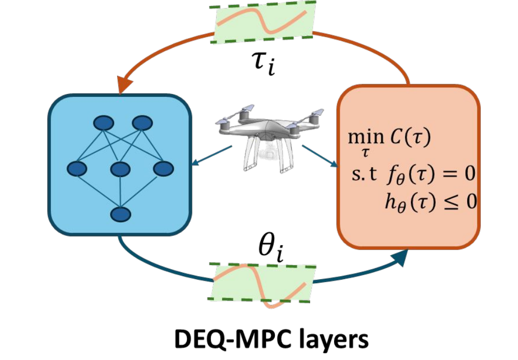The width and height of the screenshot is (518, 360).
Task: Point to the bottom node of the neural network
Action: click(120, 214)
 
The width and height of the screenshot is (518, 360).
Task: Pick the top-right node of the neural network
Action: click(142, 123)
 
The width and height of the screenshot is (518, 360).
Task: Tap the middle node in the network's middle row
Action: click(121, 169)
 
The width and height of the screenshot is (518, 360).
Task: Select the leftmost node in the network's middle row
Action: click(77, 169)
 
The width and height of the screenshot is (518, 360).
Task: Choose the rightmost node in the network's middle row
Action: click(163, 169)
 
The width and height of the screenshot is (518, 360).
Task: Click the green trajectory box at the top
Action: click(265, 22)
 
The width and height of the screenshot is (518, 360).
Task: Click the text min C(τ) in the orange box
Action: click(390, 139)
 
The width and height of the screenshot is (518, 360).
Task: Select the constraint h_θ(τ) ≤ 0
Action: click(429, 203)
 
